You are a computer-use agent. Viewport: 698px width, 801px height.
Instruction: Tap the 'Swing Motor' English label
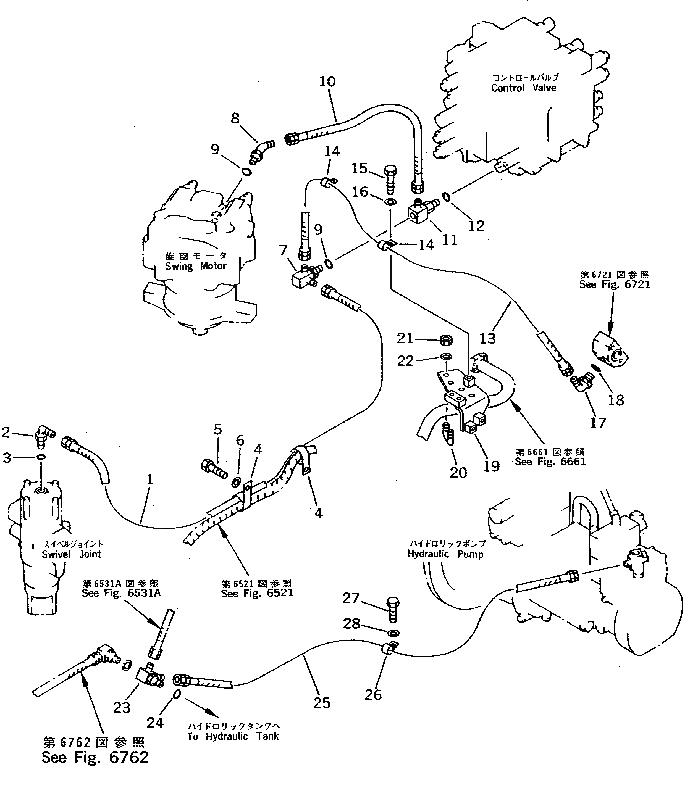pyautogui.click(x=196, y=266)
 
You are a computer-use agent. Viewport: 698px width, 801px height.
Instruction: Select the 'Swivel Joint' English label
pyautogui.click(x=72, y=554)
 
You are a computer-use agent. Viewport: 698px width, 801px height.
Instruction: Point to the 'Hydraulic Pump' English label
pyautogui.click(x=445, y=554)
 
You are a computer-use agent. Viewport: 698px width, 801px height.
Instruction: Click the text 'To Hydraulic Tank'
pyautogui.click(x=233, y=736)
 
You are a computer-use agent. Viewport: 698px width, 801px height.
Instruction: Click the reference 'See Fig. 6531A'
pyautogui.click(x=121, y=593)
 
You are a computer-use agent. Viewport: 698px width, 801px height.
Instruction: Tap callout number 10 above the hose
pyautogui.click(x=327, y=81)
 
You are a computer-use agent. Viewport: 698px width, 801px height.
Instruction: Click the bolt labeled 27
pyautogui.click(x=393, y=610)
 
